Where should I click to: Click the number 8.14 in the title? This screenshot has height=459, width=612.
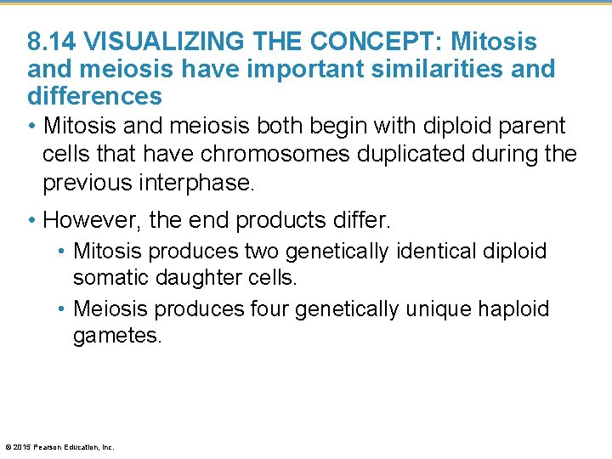(53, 41)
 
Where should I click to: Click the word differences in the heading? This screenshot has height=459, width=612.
(94, 95)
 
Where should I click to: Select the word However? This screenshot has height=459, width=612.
(91, 221)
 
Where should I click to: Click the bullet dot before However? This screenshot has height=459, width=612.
(31, 221)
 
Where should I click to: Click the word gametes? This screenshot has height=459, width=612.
(116, 336)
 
